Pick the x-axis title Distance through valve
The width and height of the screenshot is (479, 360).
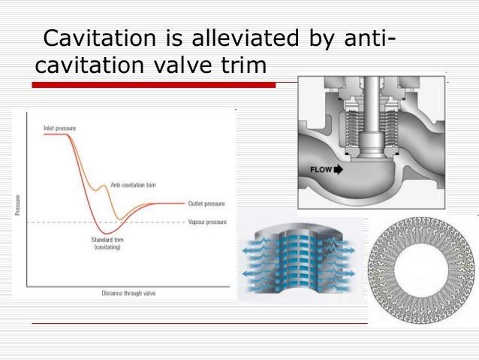[x=128, y=292]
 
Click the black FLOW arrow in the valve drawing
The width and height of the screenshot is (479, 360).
[x=338, y=170]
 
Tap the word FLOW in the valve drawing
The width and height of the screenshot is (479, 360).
[x=321, y=170]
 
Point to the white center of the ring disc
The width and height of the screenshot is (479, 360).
[x=421, y=271]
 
